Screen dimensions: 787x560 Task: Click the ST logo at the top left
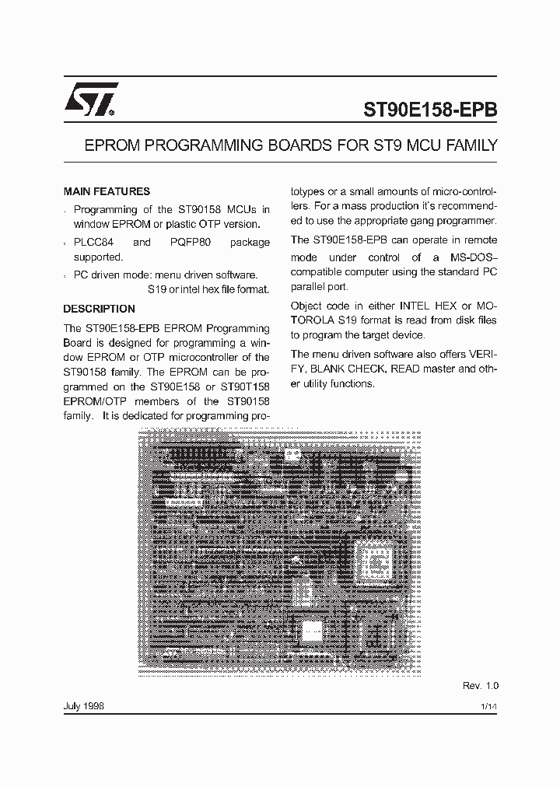coord(90,100)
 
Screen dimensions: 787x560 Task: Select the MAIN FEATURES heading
coord(107,191)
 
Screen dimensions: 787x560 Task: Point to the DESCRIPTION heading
coord(99,309)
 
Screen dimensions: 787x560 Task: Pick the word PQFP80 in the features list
coord(191,242)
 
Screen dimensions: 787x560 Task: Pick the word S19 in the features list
coord(156,289)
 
